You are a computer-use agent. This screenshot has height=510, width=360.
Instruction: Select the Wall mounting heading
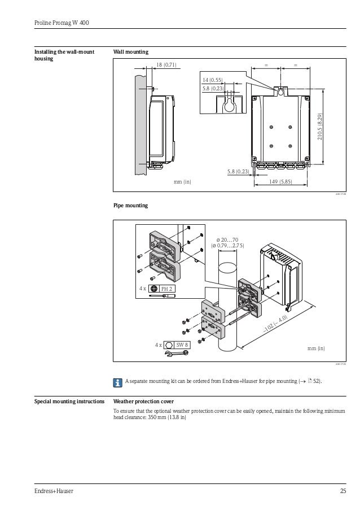131,52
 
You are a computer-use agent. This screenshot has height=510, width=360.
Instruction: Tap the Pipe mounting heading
131,206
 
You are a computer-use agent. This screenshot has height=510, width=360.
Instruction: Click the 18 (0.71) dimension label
166,65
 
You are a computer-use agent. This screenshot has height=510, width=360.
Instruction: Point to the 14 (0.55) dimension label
213,81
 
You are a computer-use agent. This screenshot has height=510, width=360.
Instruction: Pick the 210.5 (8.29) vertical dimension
319,127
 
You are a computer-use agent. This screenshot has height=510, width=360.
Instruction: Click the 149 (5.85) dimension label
280,181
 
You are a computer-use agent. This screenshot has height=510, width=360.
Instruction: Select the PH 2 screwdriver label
166,289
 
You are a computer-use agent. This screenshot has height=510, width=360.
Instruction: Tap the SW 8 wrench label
182,345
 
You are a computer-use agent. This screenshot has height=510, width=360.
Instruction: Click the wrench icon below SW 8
175,354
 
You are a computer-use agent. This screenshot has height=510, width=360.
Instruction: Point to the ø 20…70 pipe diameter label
227,239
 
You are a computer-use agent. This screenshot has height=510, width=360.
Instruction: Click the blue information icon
117,382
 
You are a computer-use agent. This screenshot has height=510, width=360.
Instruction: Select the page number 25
342,491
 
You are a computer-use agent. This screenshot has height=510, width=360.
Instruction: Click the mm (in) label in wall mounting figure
182,182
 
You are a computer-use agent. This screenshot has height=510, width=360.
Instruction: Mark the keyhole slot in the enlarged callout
230,105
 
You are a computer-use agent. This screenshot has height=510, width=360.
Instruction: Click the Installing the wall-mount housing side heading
64,55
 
